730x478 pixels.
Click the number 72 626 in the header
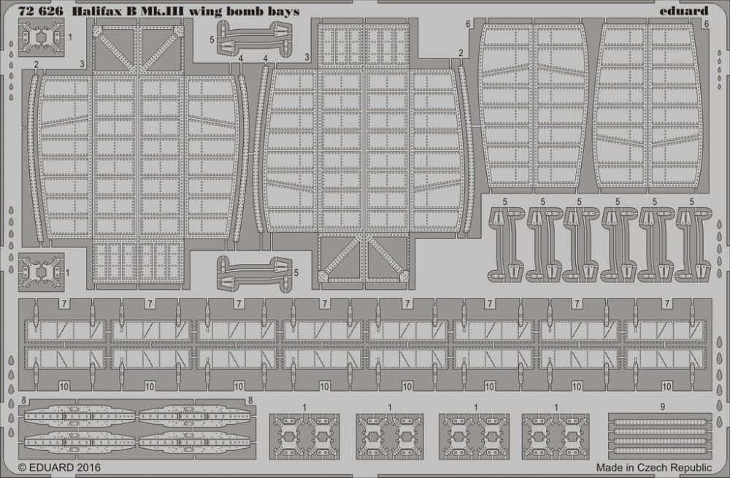pyautogui.click(x=40, y=11)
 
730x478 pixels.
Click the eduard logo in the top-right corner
pyautogui.click(x=683, y=10)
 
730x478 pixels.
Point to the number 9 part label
pyautogui.click(x=663, y=407)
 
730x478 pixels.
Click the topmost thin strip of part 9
pyautogui.click(x=660, y=423)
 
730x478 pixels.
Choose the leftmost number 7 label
pyautogui.click(x=64, y=304)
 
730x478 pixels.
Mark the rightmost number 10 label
pyautogui.click(x=666, y=386)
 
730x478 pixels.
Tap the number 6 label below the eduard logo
pyautogui.click(x=707, y=24)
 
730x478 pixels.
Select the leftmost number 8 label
pyautogui.click(x=24, y=400)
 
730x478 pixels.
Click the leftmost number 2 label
pyautogui.click(x=36, y=64)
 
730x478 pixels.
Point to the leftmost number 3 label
pyautogui.click(x=82, y=64)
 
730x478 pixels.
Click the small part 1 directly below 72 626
pyautogui.click(x=42, y=36)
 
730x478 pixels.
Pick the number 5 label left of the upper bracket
pyautogui.click(x=212, y=40)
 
